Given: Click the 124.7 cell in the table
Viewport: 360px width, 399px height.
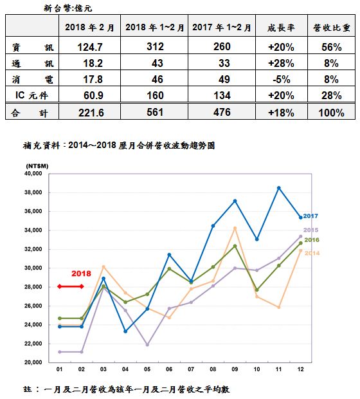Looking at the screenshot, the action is click(x=90, y=47).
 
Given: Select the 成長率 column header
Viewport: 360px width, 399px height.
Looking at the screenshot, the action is click(x=281, y=28).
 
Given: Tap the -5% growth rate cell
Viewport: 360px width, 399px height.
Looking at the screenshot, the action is click(x=282, y=79).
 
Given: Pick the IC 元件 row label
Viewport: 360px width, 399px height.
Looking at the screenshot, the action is click(x=32, y=95).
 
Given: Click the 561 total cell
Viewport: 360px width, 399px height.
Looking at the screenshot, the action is click(x=154, y=112).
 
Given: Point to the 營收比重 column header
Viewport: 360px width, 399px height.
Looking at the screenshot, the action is click(x=332, y=28).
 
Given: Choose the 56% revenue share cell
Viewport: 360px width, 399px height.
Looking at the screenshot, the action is click(x=332, y=47).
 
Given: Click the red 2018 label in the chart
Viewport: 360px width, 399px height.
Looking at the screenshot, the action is click(x=81, y=274).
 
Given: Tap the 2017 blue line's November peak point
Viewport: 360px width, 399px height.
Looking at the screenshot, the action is click(x=278, y=188).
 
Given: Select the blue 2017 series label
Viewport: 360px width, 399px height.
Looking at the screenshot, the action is click(x=310, y=216).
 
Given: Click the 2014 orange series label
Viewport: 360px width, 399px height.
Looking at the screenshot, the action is click(x=312, y=253).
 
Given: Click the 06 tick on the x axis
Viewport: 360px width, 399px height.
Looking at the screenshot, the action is click(x=169, y=369).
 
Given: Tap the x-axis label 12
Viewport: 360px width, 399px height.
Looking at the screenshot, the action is click(x=300, y=369).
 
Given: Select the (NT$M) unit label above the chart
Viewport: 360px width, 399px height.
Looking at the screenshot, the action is click(x=37, y=166).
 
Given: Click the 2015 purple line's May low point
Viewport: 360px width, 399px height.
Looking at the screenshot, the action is click(x=147, y=345).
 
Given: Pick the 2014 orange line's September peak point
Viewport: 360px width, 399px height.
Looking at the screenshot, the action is click(x=235, y=228).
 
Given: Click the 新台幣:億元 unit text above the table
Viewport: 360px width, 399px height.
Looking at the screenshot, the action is click(x=67, y=8).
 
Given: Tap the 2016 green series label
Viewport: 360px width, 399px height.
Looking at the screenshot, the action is click(x=312, y=240).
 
